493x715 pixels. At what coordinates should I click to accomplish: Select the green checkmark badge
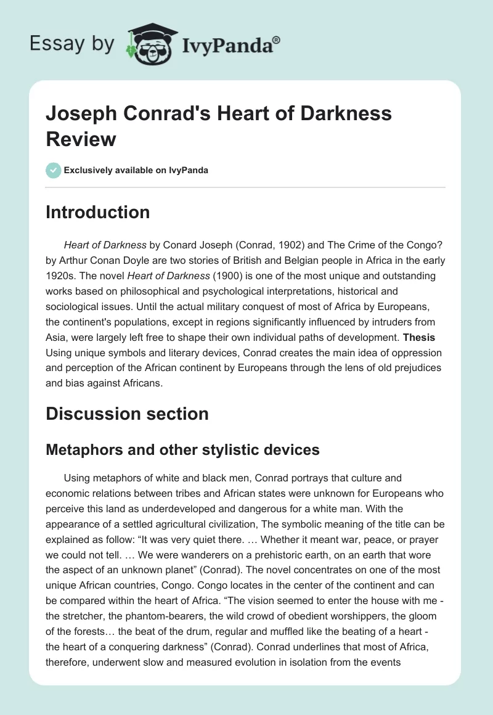click(x=54, y=170)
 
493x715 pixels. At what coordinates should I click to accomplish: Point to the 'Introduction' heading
click(x=98, y=212)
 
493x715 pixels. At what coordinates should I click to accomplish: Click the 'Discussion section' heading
click(x=127, y=414)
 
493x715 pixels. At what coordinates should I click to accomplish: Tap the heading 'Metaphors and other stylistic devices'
click(x=182, y=449)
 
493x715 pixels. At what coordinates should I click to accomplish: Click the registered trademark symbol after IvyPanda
click(x=277, y=39)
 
